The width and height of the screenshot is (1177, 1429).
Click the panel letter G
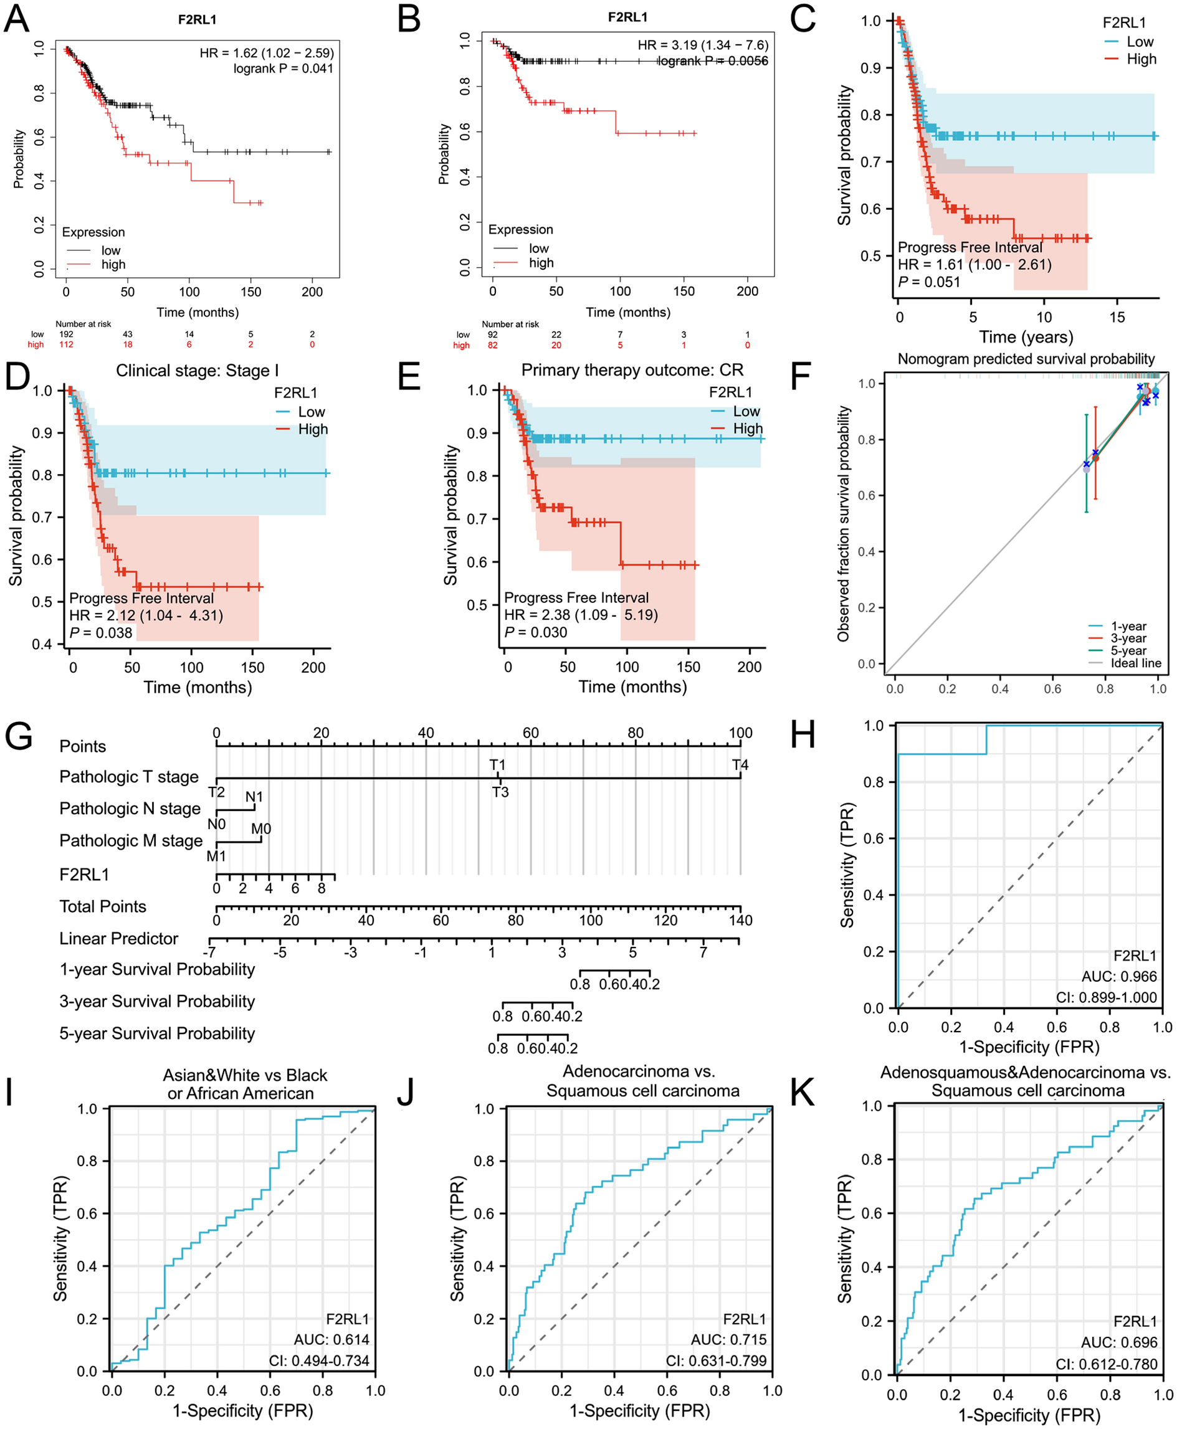point(19,736)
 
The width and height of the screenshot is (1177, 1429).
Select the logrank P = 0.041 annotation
point(283,69)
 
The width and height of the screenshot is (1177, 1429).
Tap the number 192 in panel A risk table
point(66,334)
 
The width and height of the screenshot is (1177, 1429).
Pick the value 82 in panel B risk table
point(492,345)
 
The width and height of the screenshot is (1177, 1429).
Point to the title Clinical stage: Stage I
point(197,371)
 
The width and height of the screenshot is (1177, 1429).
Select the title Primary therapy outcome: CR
point(632,370)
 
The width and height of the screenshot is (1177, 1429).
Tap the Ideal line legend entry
point(1135,663)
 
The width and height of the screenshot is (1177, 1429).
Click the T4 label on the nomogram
point(740,765)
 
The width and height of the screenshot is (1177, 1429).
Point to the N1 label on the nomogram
point(254,797)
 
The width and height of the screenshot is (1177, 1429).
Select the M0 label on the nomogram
point(261,828)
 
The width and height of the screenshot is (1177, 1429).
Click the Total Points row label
point(103,906)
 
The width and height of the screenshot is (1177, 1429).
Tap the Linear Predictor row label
point(118,938)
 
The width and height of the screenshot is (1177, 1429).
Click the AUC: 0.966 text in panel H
point(1118,976)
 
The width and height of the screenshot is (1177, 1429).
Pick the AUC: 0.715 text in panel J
point(728,1339)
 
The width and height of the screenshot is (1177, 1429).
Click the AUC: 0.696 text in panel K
point(1118,1342)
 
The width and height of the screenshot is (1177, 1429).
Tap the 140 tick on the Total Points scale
point(740,920)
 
